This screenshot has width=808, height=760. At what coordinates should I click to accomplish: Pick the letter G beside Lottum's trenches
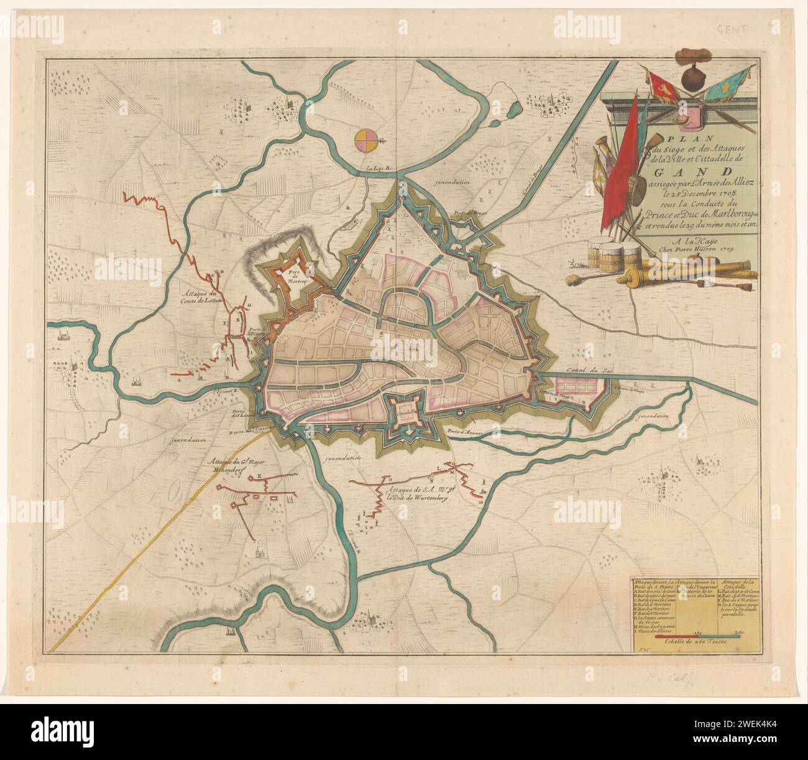(249, 305)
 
